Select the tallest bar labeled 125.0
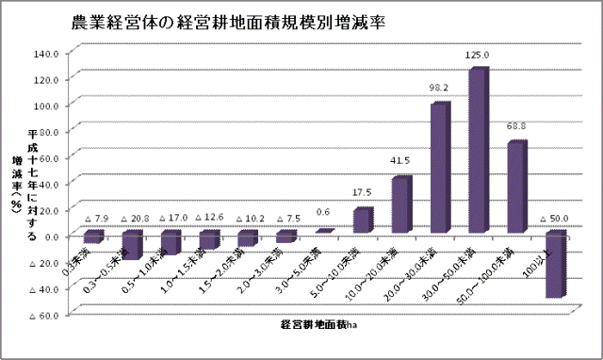(x=478, y=151)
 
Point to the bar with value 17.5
(x=362, y=221)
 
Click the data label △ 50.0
(x=554, y=219)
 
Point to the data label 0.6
(x=323, y=212)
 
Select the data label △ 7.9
(x=98, y=219)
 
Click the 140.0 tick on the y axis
(x=46, y=53)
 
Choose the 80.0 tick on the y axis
(x=47, y=131)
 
